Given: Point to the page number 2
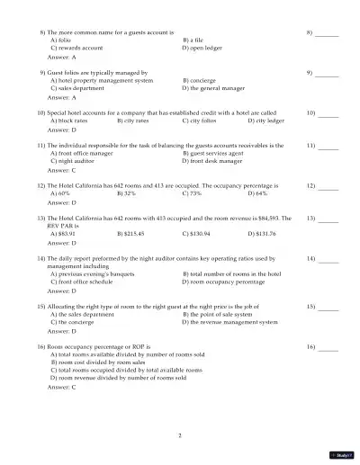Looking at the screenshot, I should (x=180, y=435).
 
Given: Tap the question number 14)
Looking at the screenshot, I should (x=41, y=259).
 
